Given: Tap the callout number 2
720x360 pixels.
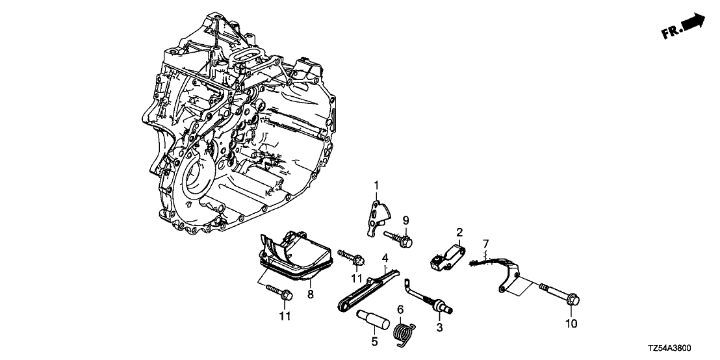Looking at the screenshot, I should coord(459,232).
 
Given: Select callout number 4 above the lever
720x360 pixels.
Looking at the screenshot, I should coord(385,258).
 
